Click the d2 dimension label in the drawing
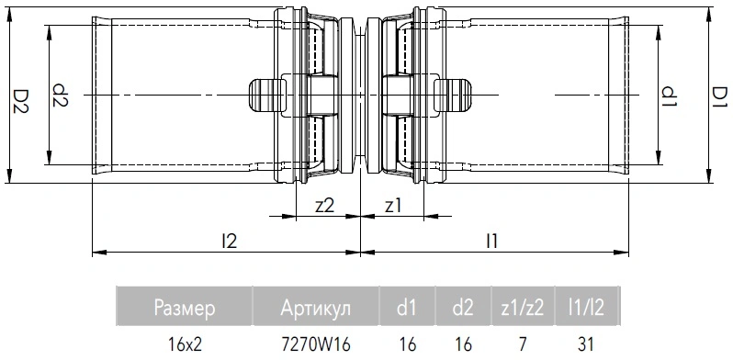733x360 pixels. [x=60, y=96]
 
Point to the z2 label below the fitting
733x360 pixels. [x=324, y=206]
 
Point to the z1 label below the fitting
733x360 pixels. [x=393, y=206]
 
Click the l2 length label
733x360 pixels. [x=229, y=241]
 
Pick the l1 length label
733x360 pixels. [x=491, y=241]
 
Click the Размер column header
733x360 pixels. [x=185, y=308]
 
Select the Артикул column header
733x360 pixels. [x=316, y=308]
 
